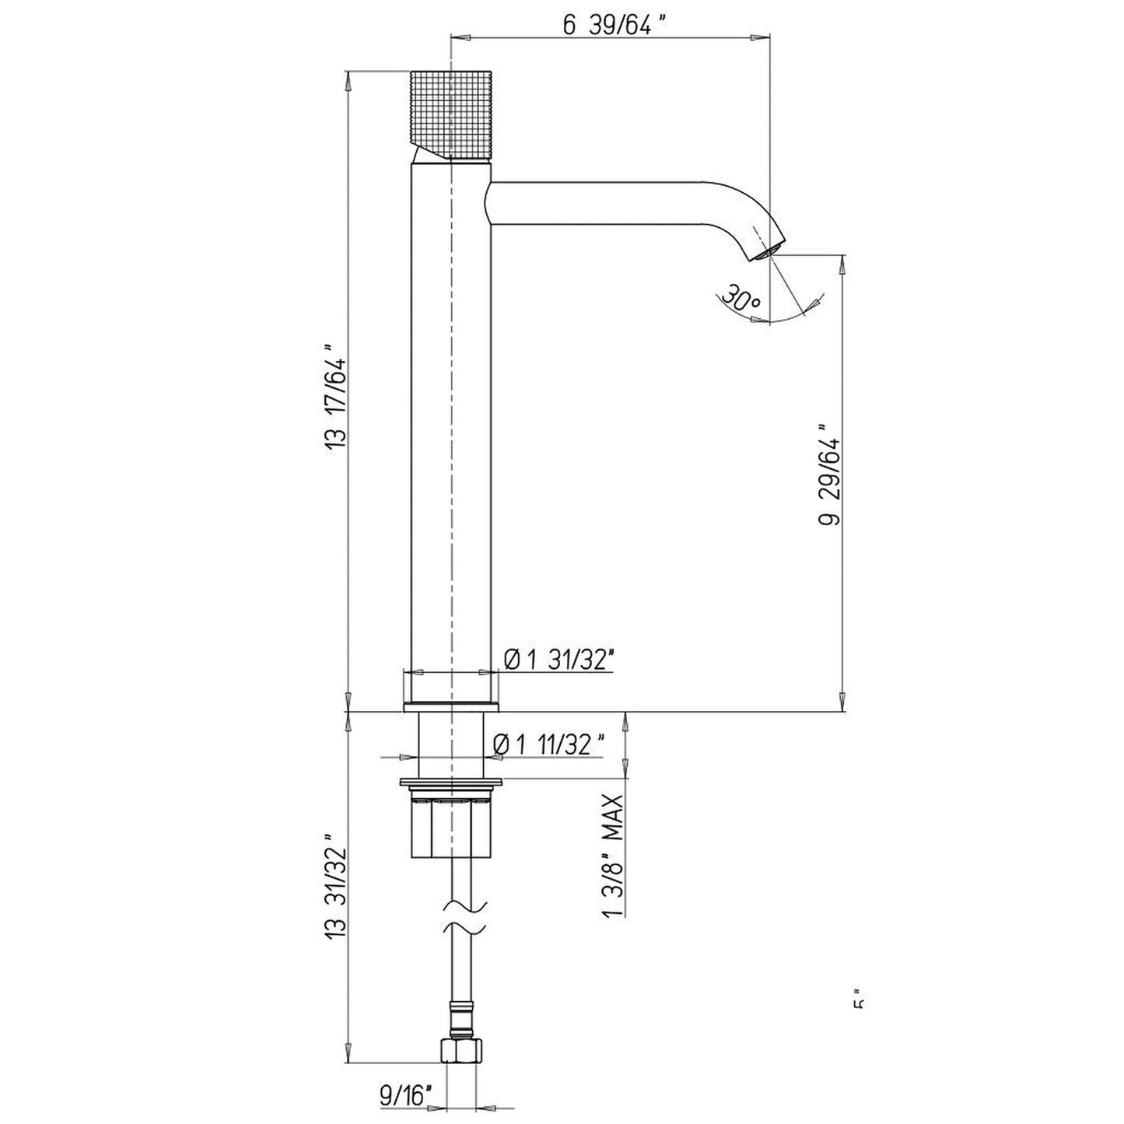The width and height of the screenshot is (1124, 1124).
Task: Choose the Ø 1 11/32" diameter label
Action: click(x=548, y=744)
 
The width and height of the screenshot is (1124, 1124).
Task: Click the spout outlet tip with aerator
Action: click(x=767, y=249)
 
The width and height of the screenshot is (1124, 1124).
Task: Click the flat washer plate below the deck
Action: click(x=451, y=783)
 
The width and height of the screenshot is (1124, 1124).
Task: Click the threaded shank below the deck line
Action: click(x=451, y=744)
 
